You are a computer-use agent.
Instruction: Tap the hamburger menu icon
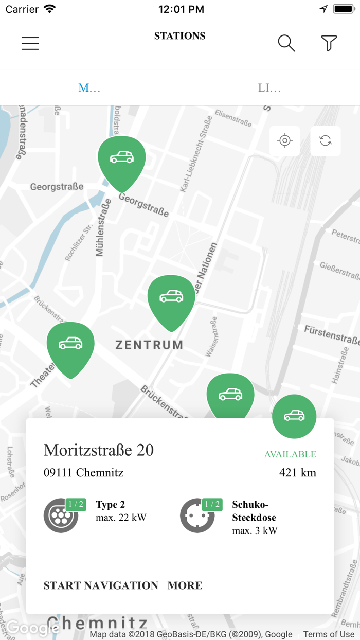pyautogui.click(x=30, y=43)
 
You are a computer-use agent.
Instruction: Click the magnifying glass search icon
pyautogui.click(x=286, y=43)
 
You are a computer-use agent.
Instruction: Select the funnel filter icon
pyautogui.click(x=329, y=43)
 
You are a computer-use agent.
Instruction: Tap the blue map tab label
pyautogui.click(x=89, y=88)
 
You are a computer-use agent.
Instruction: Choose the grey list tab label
pyautogui.click(x=269, y=88)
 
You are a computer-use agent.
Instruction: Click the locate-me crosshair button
pyautogui.click(x=284, y=140)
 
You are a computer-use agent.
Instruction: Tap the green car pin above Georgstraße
pyautogui.click(x=122, y=158)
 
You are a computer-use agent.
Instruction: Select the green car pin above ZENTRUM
pyautogui.click(x=171, y=298)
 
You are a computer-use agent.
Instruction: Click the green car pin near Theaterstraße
pyautogui.click(x=70, y=345)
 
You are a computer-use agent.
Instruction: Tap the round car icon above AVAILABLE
pyautogui.click(x=294, y=416)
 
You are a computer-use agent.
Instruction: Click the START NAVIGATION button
pyautogui.click(x=101, y=585)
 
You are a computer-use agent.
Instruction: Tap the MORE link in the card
pyautogui.click(x=185, y=585)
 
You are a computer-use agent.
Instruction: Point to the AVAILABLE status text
pyautogui.click(x=290, y=454)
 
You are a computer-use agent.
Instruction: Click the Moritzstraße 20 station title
pyautogui.click(x=99, y=450)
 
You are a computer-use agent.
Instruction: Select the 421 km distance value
pyautogui.click(x=298, y=472)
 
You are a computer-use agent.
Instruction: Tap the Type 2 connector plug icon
pyautogui.click(x=61, y=515)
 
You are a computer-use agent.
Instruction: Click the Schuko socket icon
pyautogui.click(x=197, y=515)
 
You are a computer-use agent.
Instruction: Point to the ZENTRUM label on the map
pyautogui.click(x=149, y=345)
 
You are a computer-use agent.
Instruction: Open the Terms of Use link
pyautogui.click(x=329, y=634)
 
